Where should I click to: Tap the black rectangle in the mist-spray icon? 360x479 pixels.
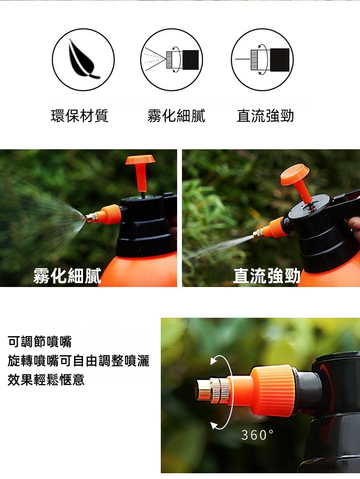tap(191, 60)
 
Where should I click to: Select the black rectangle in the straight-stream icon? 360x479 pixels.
tap(280, 60)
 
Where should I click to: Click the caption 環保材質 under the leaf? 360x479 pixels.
tap(80, 116)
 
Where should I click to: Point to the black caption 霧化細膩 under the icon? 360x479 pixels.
tap(176, 116)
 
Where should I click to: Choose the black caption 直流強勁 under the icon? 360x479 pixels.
tap(265, 116)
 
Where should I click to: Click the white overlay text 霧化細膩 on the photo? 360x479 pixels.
tap(67, 275)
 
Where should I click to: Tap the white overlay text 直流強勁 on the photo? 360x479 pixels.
tap(266, 275)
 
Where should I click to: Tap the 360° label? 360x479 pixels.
tap(258, 435)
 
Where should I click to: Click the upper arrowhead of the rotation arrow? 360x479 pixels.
tap(214, 361)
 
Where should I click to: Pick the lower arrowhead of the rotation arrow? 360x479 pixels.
tap(215, 426)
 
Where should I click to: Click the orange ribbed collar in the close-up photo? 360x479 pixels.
tap(272, 390)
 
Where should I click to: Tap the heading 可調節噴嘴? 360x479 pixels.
tap(40, 342)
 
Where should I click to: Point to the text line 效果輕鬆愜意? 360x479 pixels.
tap(46, 380)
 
